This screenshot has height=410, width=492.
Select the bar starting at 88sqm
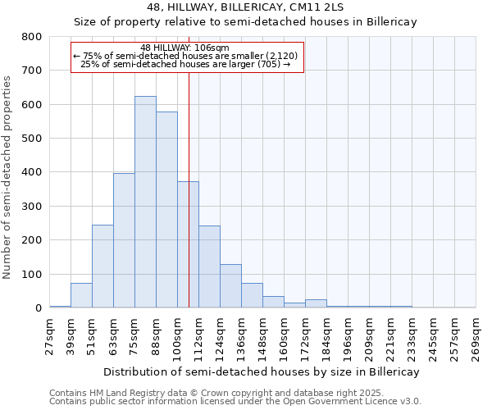[166, 210]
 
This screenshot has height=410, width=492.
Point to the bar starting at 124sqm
[230, 286]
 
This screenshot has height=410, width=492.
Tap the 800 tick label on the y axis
[31, 37]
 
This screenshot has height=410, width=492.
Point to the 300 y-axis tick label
[31, 207]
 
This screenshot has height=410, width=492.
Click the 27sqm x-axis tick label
[49, 337]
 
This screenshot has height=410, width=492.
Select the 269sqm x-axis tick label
[476, 337]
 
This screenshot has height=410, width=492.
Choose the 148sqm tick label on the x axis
[262, 337]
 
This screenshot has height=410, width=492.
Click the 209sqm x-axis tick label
[369, 337]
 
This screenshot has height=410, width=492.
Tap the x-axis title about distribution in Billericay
[262, 371]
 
